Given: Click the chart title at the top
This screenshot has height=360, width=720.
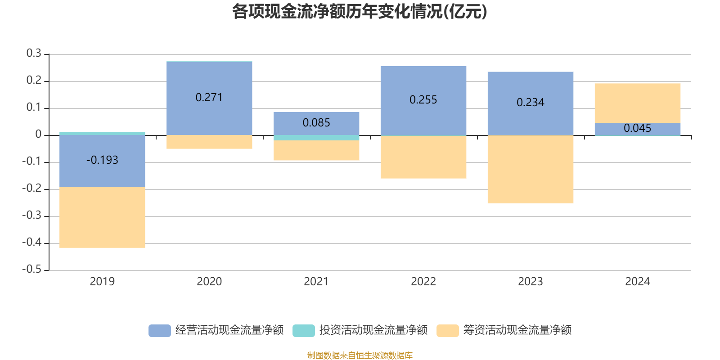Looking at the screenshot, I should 360,12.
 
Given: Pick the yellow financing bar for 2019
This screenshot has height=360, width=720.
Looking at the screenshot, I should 102,217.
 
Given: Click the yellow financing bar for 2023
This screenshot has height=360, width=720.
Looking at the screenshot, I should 530,169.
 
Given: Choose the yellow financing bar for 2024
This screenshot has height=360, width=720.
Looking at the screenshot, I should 637,103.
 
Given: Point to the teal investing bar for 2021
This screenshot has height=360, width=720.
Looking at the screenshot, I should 316,138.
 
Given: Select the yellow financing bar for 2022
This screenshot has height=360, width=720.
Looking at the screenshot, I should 423,157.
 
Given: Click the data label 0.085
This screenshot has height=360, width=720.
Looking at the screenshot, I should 316,123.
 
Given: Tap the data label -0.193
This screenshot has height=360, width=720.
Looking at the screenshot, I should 102,160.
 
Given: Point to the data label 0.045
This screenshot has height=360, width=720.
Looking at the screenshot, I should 637,128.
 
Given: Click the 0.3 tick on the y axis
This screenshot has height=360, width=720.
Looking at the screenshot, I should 34,54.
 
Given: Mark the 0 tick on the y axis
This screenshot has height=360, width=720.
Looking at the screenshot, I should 38,135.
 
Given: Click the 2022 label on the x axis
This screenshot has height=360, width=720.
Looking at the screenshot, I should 423,282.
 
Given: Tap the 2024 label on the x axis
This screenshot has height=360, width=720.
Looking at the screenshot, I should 637,282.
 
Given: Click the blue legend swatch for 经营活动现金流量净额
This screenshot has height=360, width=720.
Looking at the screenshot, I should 160,330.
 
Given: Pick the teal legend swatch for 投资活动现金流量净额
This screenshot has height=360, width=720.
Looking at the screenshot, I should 304,330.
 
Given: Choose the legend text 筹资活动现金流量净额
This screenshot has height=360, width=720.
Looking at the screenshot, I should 517,330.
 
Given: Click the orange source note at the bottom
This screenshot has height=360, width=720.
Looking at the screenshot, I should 360,355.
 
